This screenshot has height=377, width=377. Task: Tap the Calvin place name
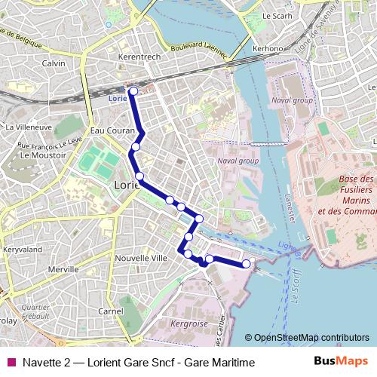54,63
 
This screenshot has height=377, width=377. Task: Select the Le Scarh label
276,15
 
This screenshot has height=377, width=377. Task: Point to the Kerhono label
268,49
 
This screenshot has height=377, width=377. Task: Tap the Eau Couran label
106,130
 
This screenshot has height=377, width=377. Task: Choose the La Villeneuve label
29,127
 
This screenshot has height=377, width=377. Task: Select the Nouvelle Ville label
141,258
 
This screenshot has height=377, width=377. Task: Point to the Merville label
63,269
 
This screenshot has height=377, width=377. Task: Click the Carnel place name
110,311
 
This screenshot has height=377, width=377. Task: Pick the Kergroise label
188,323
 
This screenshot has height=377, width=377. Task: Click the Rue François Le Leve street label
49,143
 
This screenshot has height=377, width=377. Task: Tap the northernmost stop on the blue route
133,91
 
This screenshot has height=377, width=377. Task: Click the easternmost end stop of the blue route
246,264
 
